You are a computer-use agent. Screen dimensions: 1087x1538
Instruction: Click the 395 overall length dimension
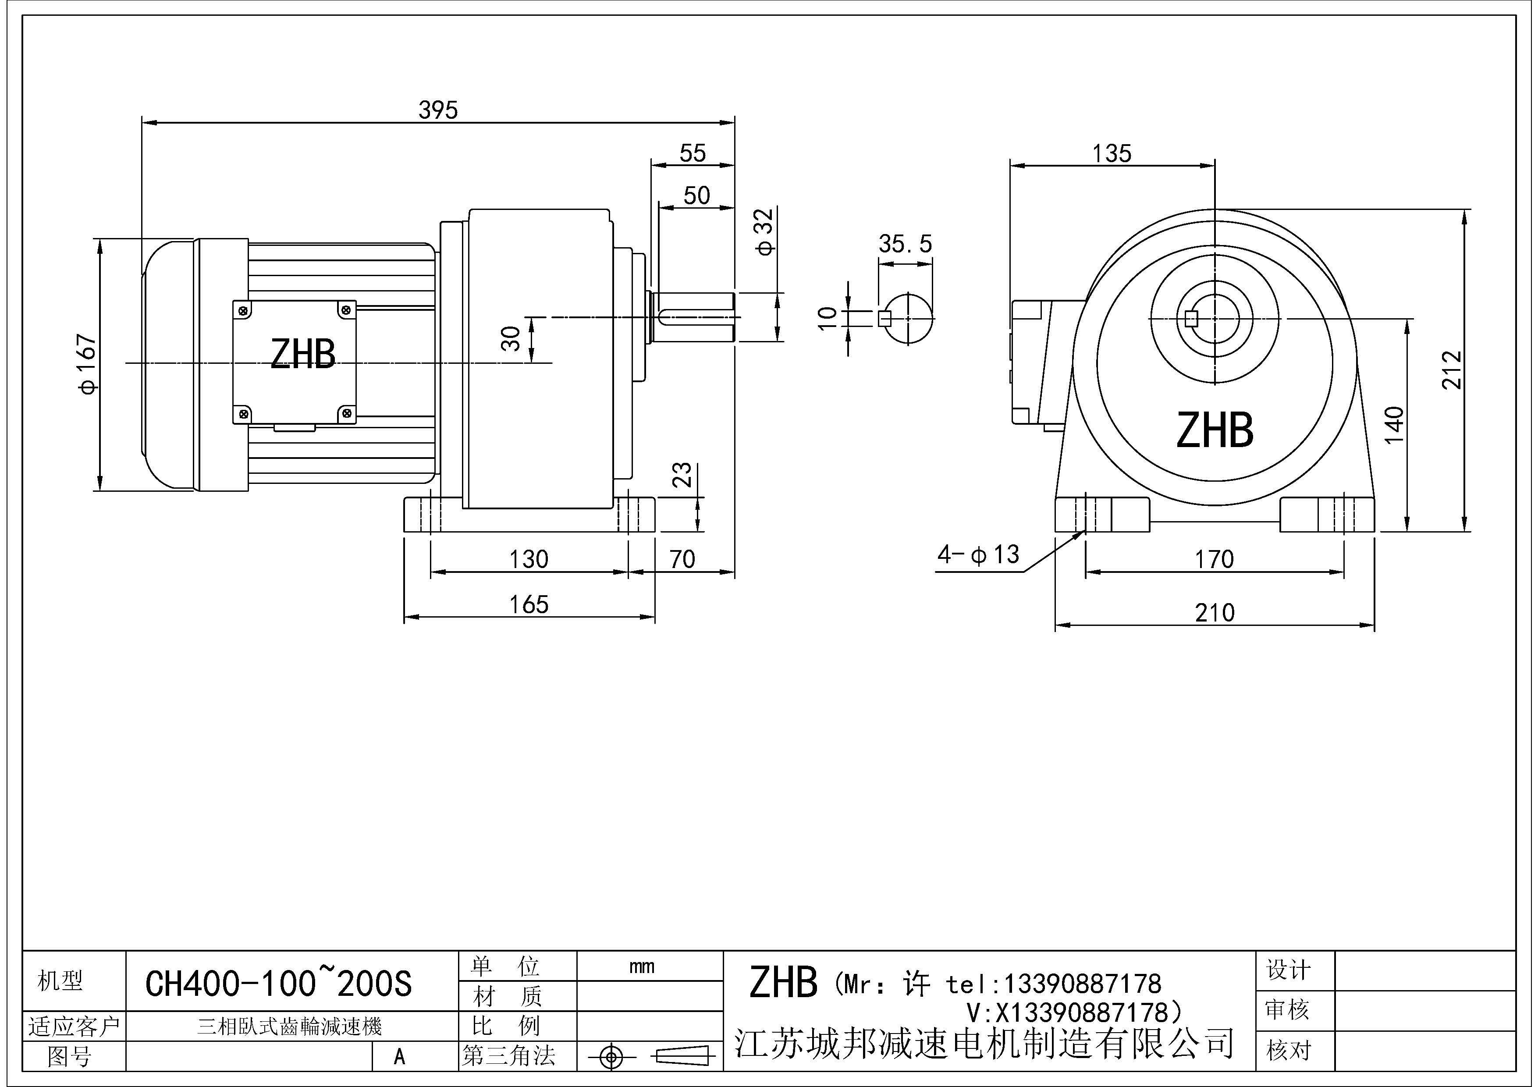click(438, 110)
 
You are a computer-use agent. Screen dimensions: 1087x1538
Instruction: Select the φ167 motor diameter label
click(88, 365)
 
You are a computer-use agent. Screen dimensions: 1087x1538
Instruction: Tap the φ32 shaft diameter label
click(764, 232)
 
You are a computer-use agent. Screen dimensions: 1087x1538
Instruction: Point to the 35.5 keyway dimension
click(905, 244)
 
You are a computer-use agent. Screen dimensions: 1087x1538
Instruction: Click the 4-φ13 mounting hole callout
click(978, 554)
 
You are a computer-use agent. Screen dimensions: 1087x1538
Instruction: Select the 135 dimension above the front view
click(1112, 153)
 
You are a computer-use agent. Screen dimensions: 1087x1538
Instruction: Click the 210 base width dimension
click(1215, 613)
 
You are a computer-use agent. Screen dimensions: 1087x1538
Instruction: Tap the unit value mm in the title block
click(641, 966)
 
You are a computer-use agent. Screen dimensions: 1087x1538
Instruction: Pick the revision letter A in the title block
click(399, 1057)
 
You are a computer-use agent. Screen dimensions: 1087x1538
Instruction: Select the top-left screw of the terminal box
click(244, 310)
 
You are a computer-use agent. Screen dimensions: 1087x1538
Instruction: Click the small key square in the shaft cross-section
click(884, 319)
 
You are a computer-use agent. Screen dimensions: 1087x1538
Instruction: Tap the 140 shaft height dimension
click(1394, 425)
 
